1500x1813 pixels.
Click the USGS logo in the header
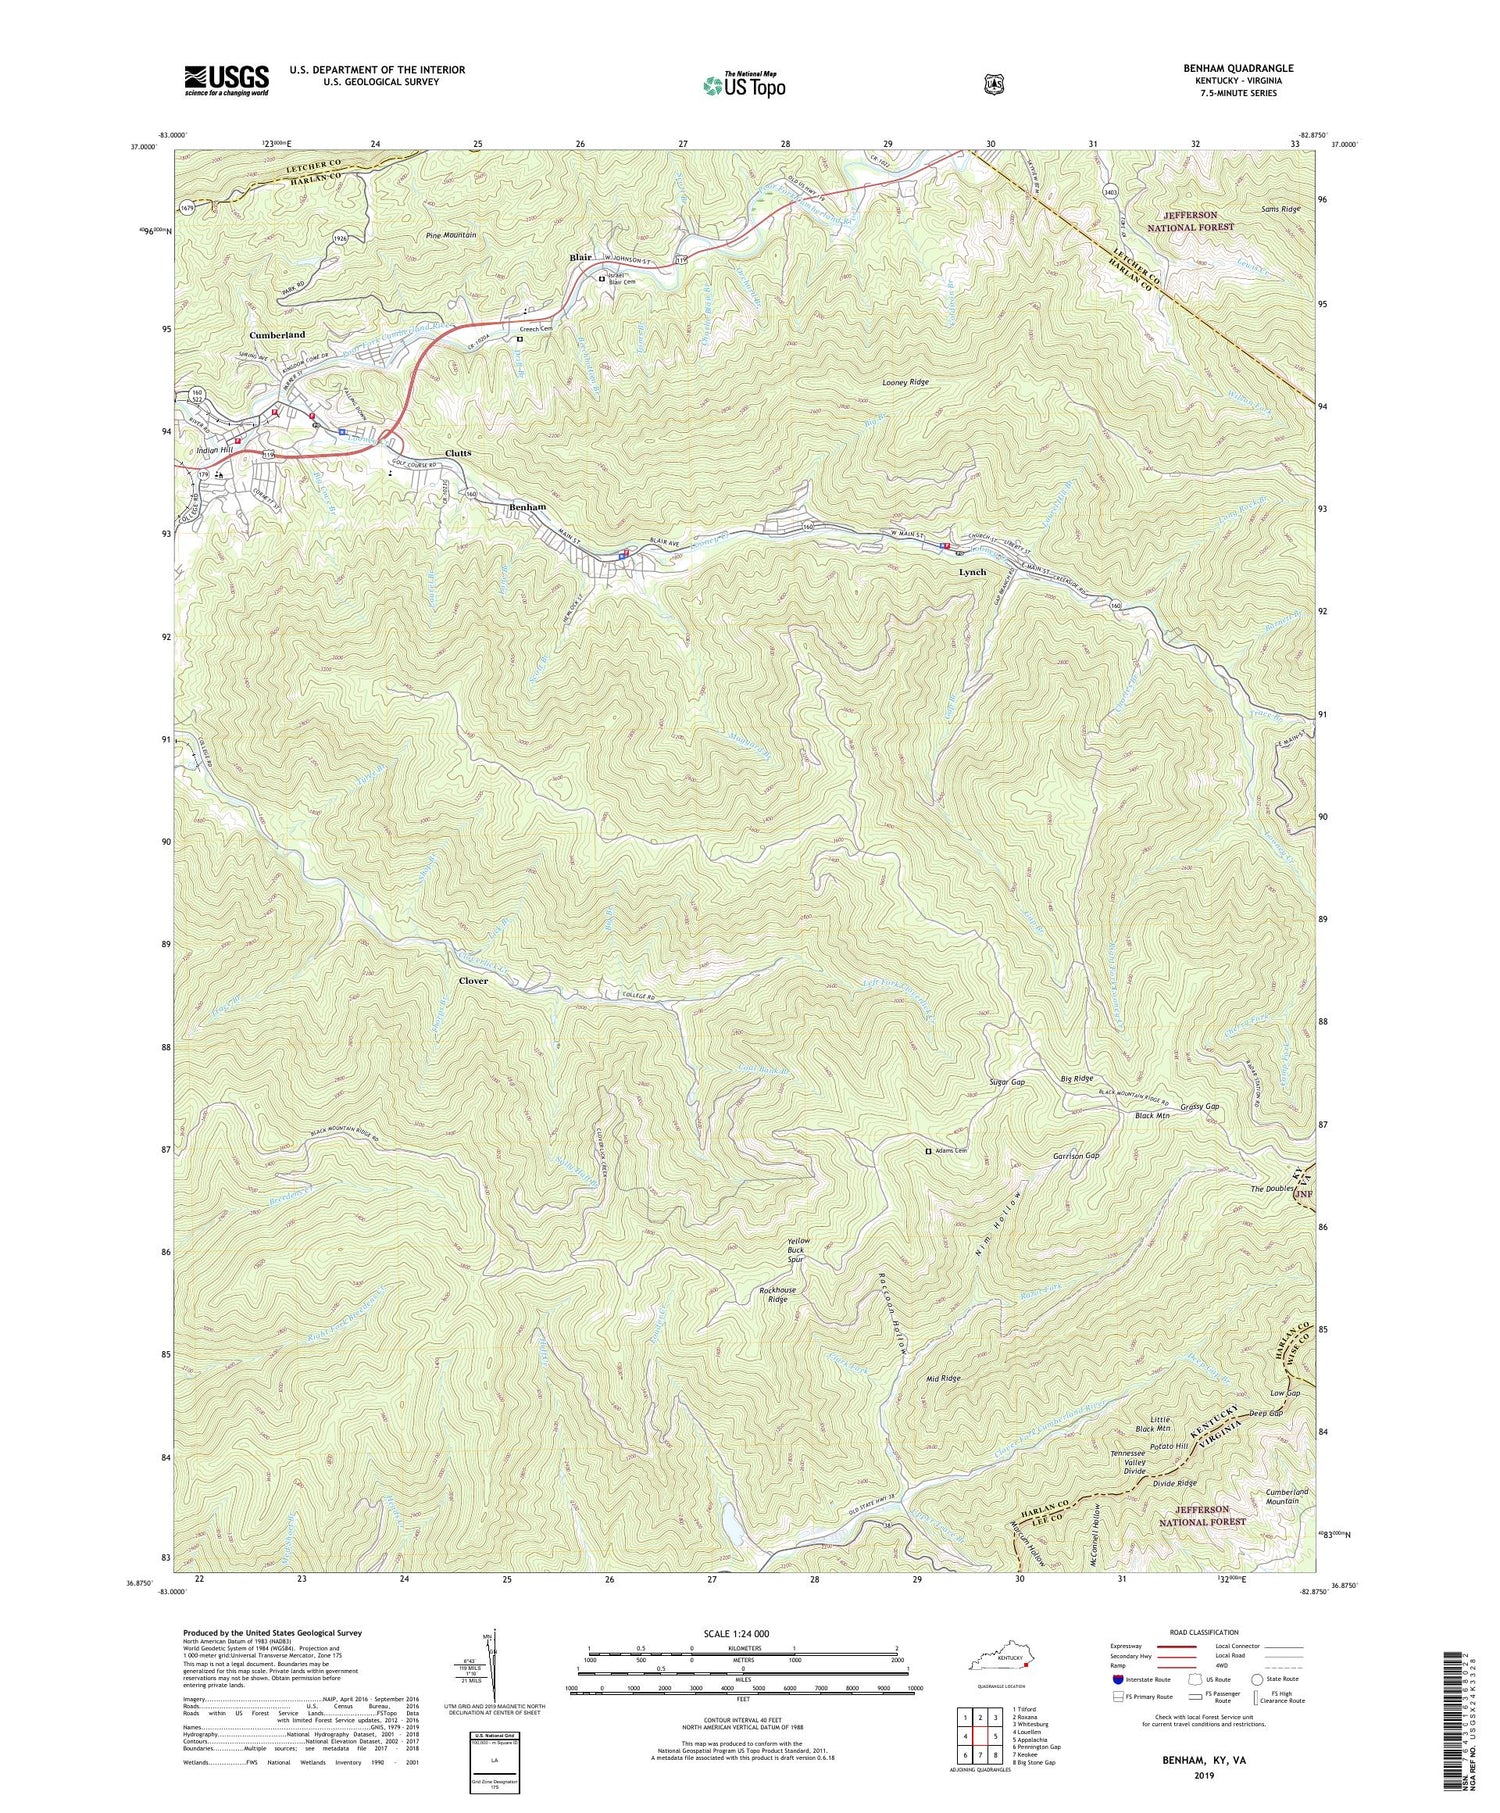(x=226, y=80)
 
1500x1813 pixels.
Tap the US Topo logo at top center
(x=745, y=85)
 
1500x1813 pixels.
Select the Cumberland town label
(x=277, y=335)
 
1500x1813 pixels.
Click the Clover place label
(x=473, y=981)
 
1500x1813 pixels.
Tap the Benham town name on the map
(x=527, y=507)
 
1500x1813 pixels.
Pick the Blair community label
(x=580, y=257)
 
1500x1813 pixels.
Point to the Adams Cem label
(x=950, y=1151)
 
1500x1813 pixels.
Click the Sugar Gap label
(x=1006, y=1083)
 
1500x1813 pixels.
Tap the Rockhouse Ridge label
(x=781, y=1295)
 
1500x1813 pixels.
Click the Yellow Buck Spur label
(x=797, y=1250)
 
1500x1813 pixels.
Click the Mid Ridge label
(x=943, y=1378)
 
